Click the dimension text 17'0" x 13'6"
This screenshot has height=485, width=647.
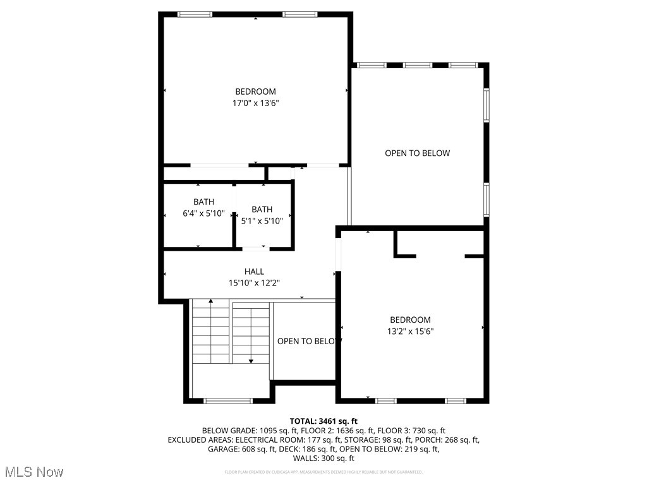click(x=255, y=103)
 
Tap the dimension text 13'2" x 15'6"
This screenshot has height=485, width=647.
click(x=409, y=331)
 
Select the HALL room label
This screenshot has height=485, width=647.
click(x=254, y=272)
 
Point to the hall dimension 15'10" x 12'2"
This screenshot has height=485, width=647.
click(x=254, y=283)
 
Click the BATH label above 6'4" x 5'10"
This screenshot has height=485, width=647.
click(x=203, y=202)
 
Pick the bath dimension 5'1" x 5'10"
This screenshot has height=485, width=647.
click(x=262, y=220)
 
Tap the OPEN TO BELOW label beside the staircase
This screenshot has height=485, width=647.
click(x=309, y=342)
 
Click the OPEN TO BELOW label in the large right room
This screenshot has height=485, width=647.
click(x=417, y=153)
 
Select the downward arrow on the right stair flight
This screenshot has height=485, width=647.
click(x=251, y=361)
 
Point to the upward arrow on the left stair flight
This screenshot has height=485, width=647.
click(x=211, y=302)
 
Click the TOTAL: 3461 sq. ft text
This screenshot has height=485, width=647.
click(x=323, y=421)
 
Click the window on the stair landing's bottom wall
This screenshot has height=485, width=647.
click(x=228, y=400)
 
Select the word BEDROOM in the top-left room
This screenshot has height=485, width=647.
click(x=255, y=92)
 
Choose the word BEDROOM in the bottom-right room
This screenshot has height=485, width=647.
click(x=409, y=320)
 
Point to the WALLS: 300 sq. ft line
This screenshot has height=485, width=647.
click(x=323, y=458)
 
